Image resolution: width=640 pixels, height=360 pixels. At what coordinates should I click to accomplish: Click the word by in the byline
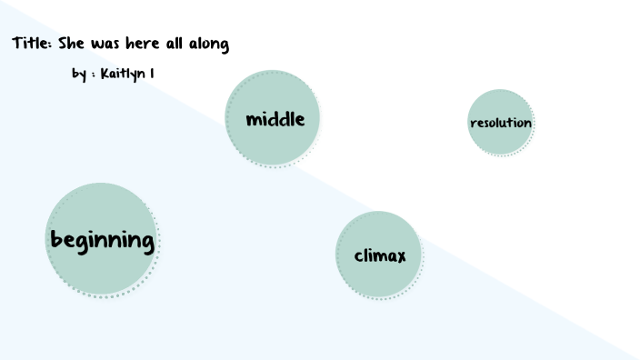pyautogui.click(x=79, y=74)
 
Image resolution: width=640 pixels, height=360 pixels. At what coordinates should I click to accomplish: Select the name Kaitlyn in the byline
pyautogui.click(x=122, y=74)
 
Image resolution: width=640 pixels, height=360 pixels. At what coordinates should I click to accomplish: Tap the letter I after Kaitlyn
pyautogui.click(x=151, y=73)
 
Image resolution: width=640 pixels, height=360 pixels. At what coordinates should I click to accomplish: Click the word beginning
pyautogui.click(x=102, y=241)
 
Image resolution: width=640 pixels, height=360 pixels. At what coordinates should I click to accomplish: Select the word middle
pyautogui.click(x=274, y=119)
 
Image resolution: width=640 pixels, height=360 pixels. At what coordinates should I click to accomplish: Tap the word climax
pyautogui.click(x=379, y=255)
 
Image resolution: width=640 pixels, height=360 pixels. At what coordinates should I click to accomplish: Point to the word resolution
pyautogui.click(x=501, y=123)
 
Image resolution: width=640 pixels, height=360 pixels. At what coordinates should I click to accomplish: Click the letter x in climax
pyautogui.click(x=400, y=256)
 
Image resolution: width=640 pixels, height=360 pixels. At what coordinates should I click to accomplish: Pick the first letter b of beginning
pyautogui.click(x=56, y=240)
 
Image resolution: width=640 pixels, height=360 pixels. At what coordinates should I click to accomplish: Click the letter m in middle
pyautogui.click(x=254, y=120)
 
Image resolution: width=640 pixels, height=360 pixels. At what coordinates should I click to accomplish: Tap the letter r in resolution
pyautogui.click(x=473, y=124)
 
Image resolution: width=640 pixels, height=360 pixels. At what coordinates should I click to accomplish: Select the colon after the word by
pyautogui.click(x=93, y=75)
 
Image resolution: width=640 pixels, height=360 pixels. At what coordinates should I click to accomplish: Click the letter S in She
pyautogui.click(x=64, y=44)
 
